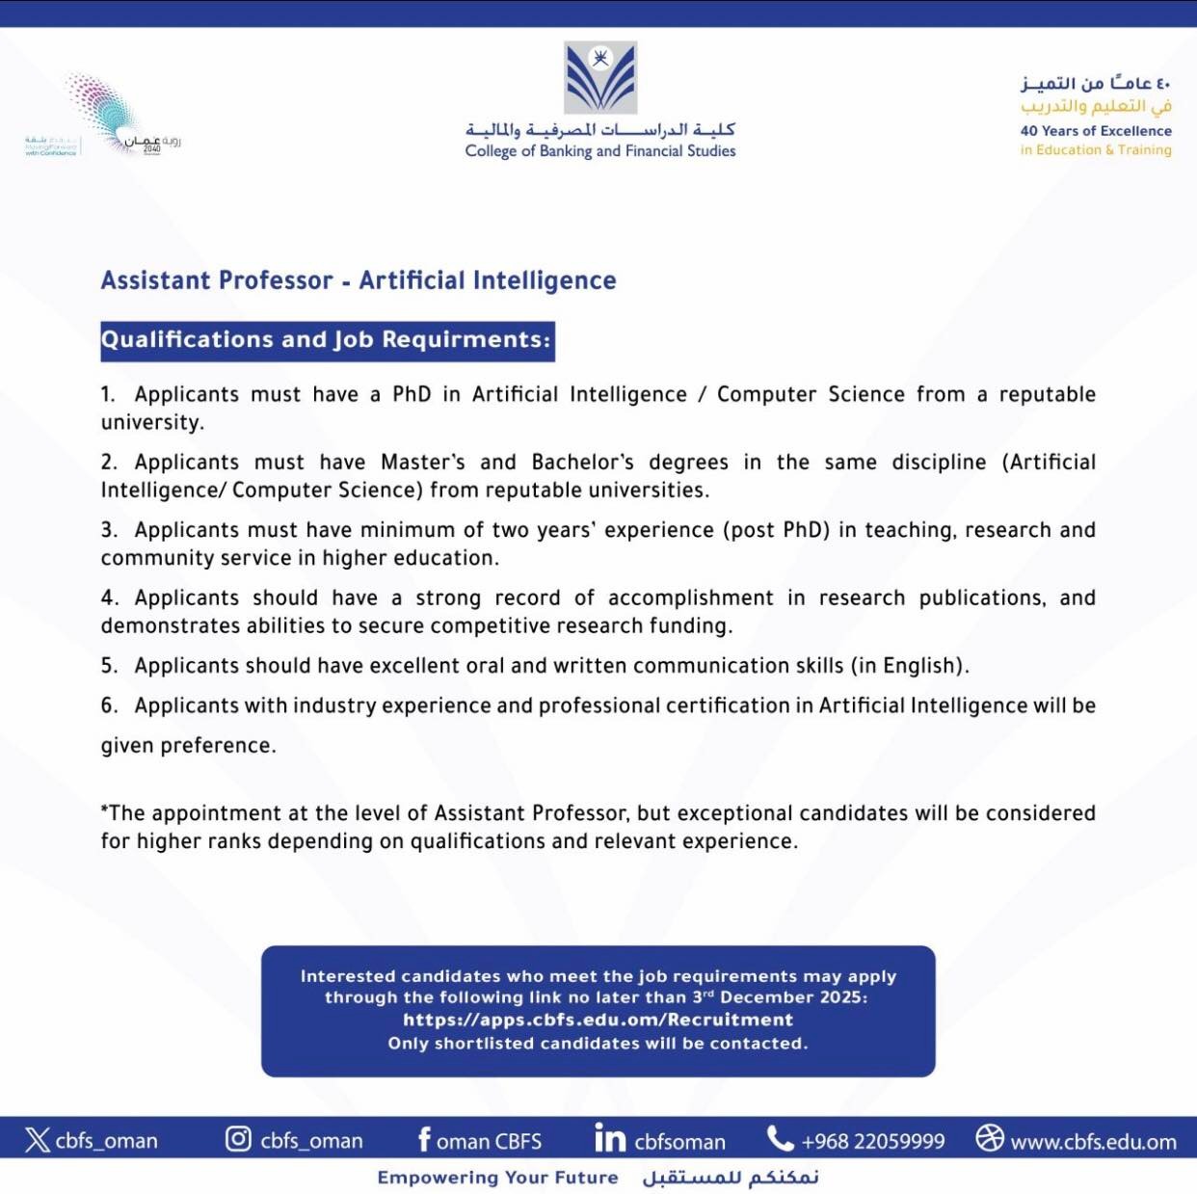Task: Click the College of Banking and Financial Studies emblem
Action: click(x=600, y=77)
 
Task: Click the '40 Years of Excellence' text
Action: click(x=1096, y=131)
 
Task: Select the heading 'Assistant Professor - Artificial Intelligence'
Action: click(x=359, y=280)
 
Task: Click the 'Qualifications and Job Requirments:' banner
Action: click(x=327, y=340)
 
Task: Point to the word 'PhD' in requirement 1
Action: click(x=412, y=394)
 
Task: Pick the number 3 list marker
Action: click(x=108, y=530)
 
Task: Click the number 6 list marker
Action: click(x=108, y=705)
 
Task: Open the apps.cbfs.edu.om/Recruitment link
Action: click(x=598, y=1020)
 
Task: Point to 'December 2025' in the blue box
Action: click(x=792, y=997)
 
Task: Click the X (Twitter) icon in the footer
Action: click(x=38, y=1140)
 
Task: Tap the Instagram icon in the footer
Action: click(x=238, y=1139)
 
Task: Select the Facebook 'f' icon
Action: click(x=424, y=1139)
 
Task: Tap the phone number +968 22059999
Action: click(x=873, y=1142)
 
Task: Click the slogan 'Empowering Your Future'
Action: click(x=497, y=1178)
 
